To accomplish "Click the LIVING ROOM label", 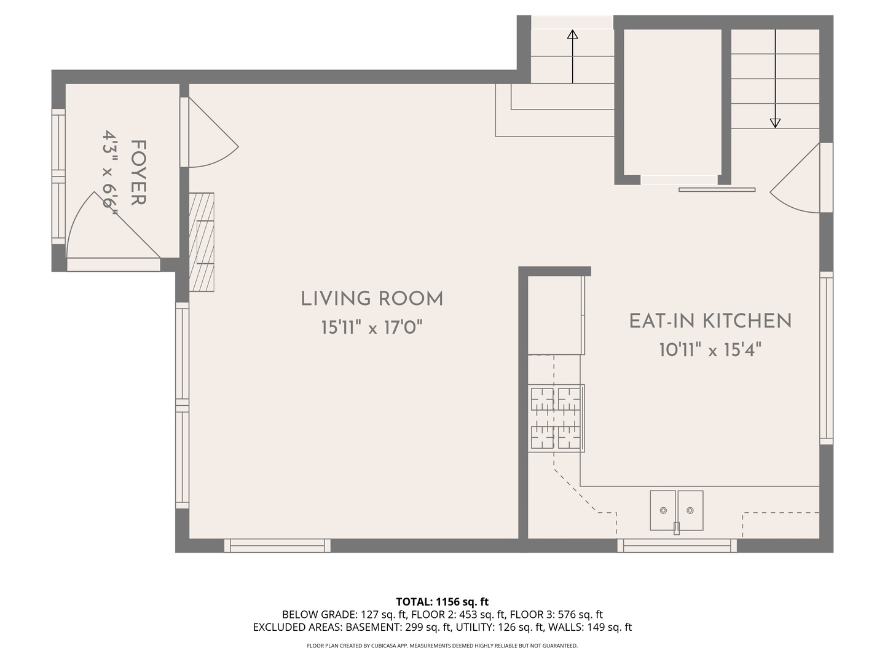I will [372, 299].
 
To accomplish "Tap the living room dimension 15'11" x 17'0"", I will [372, 328].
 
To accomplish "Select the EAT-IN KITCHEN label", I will [710, 321].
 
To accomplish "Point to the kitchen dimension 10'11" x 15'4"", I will [710, 350].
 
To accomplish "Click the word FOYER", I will [138, 173].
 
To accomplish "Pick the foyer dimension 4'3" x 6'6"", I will [111, 173].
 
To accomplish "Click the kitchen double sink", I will [677, 510].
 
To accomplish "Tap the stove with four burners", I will [556, 418].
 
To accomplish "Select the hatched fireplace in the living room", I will [201, 242].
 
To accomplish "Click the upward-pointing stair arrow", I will [572, 56].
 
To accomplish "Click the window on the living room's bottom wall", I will [277, 545].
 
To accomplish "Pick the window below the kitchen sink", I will [677, 545].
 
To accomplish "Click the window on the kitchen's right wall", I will [826, 358].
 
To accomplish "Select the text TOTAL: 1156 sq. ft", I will [442, 601].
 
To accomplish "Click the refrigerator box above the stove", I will [555, 315].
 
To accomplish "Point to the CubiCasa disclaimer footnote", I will [442, 646].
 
